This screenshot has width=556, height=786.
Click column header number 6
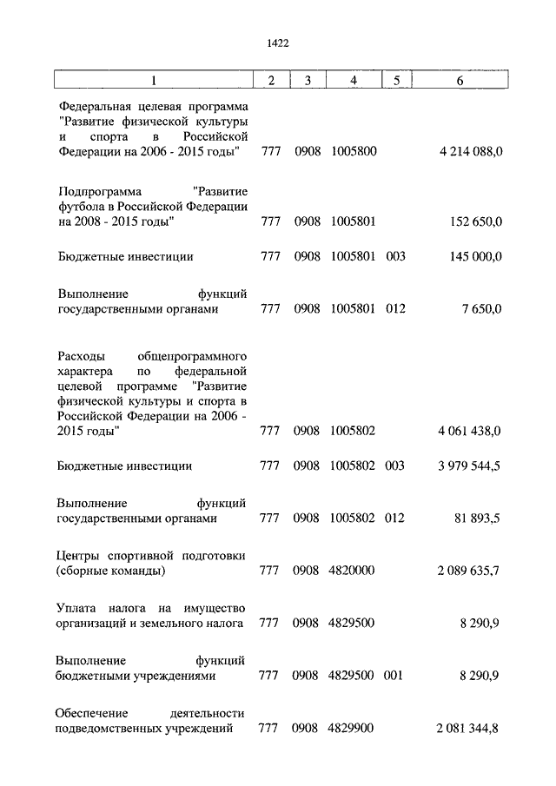(x=460, y=81)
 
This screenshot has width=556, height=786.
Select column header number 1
(x=154, y=81)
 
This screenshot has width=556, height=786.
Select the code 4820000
(x=352, y=571)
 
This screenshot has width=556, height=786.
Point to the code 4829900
(x=352, y=728)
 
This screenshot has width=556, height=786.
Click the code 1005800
(x=354, y=152)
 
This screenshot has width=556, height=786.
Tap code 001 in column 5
(x=394, y=675)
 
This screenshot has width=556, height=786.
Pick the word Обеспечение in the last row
(x=93, y=712)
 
